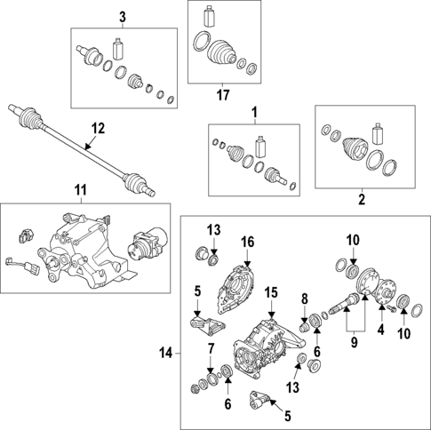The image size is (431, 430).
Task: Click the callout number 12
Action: (98, 129)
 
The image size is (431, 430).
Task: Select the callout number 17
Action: (223, 95)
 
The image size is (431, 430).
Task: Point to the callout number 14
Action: (166, 353)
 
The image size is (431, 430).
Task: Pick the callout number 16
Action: (248, 242)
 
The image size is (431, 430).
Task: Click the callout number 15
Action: (271, 292)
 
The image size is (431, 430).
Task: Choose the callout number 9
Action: (355, 342)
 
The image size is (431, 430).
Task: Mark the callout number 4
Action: (381, 330)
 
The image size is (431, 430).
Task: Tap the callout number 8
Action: (305, 299)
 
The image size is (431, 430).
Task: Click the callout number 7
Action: (211, 349)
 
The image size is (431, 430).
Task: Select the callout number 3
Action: (123, 17)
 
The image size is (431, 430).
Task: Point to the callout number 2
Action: (362, 199)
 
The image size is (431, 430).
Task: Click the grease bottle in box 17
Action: (209, 15)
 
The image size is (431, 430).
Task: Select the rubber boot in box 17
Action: (221, 52)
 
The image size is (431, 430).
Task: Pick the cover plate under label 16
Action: (236, 289)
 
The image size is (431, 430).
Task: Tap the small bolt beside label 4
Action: (391, 308)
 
